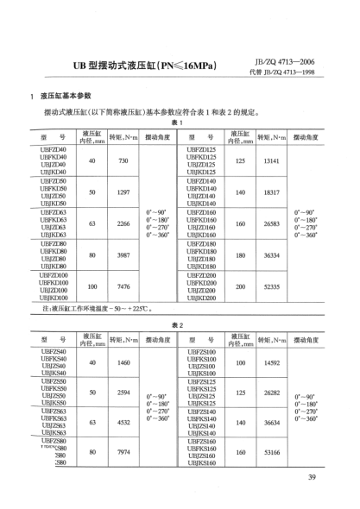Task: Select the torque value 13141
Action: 271,162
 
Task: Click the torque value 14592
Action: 271,363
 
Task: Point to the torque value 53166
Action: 271,452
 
